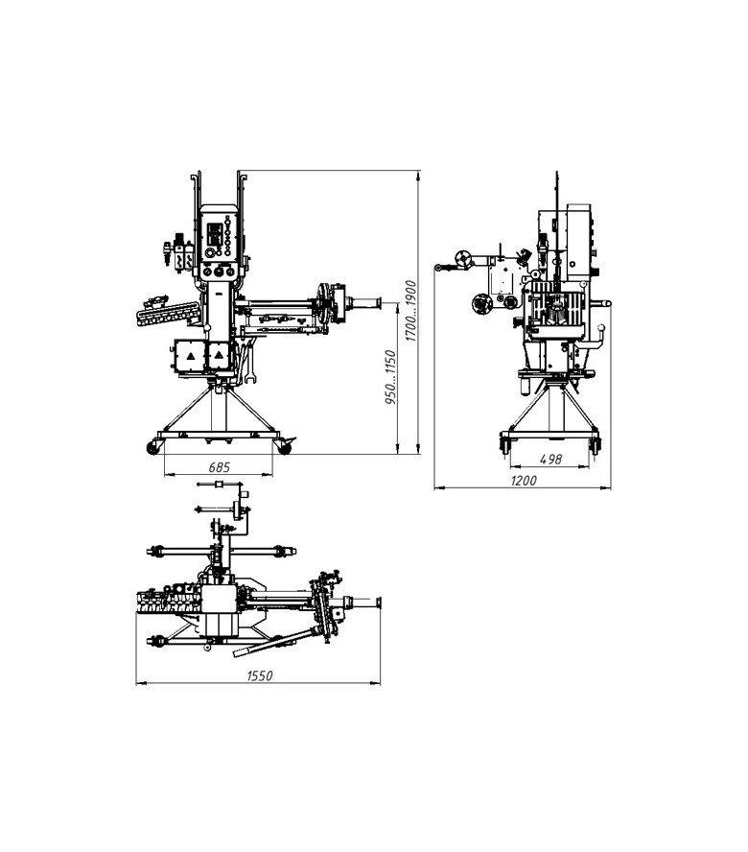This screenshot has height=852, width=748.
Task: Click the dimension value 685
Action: [x=220, y=466]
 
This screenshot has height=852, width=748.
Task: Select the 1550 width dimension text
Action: [x=260, y=676]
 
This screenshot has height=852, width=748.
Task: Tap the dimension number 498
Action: [x=550, y=460]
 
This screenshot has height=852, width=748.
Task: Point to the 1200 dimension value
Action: [x=524, y=481]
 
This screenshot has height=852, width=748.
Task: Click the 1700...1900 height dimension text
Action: [x=411, y=311]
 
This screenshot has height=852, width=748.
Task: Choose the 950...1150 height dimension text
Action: [x=390, y=377]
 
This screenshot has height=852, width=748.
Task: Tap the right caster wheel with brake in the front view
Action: [x=284, y=447]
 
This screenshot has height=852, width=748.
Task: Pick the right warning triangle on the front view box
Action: [x=219, y=355]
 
